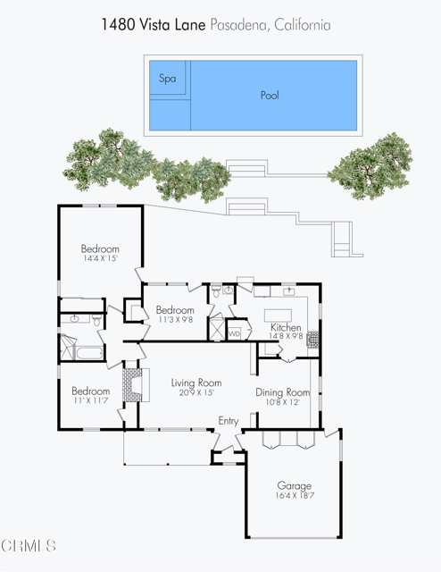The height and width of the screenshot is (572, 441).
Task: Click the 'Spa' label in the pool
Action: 167,79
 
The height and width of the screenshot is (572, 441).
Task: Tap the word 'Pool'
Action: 270,95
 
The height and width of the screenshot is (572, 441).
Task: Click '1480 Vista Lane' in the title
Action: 154,25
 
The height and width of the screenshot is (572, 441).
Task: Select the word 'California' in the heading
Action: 300,25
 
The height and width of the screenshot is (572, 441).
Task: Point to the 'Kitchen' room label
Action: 286,328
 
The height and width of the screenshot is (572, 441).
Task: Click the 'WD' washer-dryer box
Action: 235,333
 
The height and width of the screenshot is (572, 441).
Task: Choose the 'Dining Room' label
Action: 282,392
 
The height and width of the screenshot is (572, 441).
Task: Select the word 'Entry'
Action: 229,421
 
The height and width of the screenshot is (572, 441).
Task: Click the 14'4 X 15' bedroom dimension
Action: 99,258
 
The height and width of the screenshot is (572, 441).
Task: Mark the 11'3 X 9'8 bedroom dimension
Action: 175,319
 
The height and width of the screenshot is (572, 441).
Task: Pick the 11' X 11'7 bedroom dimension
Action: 91,401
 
